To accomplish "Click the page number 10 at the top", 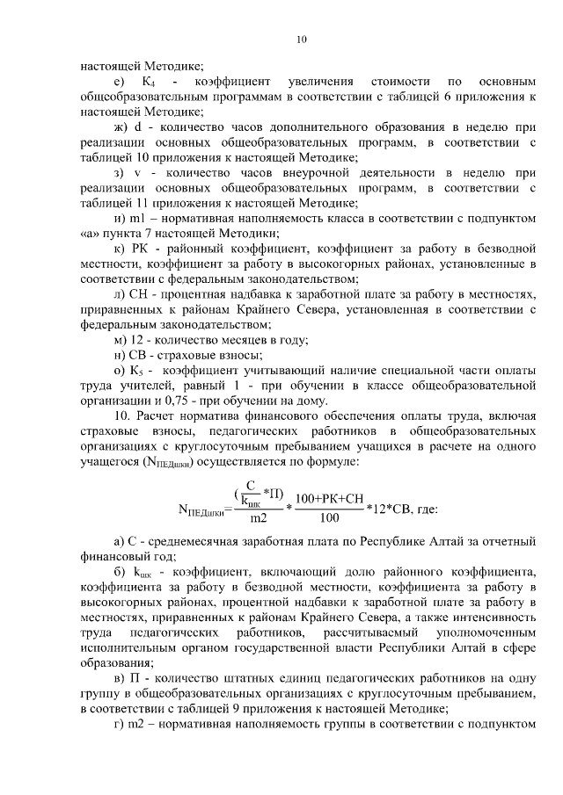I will tap(301, 39).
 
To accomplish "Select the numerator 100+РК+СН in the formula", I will tap(330, 498).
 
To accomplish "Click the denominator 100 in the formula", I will tap(330, 518).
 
